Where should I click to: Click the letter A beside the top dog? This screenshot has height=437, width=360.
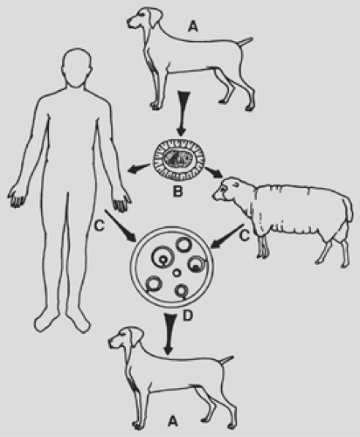tap(193, 26)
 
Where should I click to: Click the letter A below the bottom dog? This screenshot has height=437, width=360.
tap(173, 421)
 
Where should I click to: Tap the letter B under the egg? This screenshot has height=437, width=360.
tap(177, 192)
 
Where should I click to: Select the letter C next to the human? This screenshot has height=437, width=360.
tap(100, 225)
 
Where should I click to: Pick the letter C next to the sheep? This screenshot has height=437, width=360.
tap(245, 236)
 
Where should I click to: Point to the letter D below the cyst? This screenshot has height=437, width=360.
tap(188, 316)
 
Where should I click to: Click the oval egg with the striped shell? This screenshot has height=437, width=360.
tap(179, 160)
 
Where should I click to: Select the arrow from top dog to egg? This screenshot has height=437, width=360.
tap(182, 114)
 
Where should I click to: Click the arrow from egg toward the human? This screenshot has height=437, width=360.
tap(139, 169)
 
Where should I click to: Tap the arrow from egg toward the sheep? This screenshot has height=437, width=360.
tap(214, 173)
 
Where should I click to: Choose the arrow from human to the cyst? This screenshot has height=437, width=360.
tap(121, 225)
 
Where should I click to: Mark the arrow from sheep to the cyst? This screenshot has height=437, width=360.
tap(228, 236)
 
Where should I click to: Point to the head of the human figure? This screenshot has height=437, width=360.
tap(77, 68)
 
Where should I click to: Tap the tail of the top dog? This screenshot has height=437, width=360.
tap(246, 42)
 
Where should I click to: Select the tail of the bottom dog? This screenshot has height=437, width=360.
tap(226, 360)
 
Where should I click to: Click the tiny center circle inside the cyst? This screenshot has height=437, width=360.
tap(177, 273)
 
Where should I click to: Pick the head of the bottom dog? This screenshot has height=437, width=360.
tap(125, 338)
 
